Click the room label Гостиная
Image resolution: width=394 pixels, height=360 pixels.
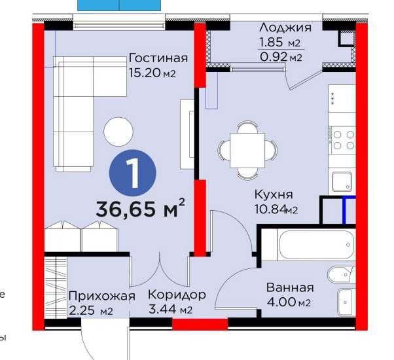[158, 58]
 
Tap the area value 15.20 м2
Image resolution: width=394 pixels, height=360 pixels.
[152, 73]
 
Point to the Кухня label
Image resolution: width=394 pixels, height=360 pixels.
[273, 194]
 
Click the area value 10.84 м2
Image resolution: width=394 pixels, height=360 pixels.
[276, 210]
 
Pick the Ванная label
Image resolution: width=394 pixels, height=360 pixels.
[290, 287]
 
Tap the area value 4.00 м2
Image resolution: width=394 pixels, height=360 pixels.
[288, 302]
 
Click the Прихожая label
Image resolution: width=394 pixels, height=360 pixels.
[101, 295]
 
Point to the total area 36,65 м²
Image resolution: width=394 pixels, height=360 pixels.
[140, 209]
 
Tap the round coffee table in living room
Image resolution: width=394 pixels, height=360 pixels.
[119, 130]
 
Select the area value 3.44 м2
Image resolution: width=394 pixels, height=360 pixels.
[175, 310]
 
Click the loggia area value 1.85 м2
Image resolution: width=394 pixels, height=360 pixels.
[279, 43]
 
